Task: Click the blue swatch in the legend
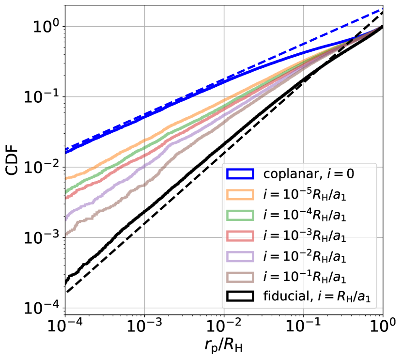240,173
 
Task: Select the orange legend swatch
240,194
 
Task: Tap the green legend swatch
240,215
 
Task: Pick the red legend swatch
240,235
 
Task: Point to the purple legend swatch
240,256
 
